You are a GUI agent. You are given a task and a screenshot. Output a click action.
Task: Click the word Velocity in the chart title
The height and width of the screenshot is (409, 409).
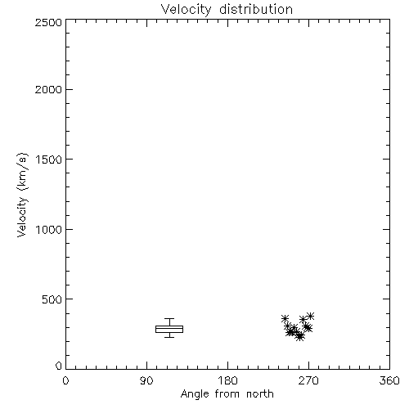click(186, 10)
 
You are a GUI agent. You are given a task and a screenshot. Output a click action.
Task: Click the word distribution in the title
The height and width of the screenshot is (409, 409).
click(256, 9)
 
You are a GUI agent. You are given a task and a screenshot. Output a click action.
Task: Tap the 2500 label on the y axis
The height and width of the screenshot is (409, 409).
click(48, 22)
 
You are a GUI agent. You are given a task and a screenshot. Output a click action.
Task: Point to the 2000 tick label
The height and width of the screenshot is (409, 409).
click(48, 89)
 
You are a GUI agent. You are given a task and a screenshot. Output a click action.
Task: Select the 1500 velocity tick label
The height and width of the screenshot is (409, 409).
click(49, 160)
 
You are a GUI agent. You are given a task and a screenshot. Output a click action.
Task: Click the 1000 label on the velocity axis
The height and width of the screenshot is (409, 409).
click(49, 229)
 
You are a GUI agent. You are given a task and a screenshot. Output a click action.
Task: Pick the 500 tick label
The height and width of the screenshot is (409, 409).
click(52, 299)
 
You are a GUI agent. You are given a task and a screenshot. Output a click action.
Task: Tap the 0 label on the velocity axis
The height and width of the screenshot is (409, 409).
click(59, 366)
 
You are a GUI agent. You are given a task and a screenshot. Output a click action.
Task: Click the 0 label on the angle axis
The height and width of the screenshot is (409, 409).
click(65, 380)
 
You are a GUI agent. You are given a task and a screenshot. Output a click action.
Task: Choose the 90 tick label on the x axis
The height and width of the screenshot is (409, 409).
click(146, 380)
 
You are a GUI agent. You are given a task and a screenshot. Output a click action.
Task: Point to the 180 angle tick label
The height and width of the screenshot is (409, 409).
click(227, 380)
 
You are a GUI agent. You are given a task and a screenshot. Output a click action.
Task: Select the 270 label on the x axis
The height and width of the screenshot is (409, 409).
click(308, 380)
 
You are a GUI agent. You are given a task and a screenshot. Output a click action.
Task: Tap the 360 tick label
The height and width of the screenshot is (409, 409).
click(389, 380)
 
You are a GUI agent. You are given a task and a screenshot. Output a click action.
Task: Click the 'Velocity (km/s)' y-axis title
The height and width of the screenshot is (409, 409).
click(22, 195)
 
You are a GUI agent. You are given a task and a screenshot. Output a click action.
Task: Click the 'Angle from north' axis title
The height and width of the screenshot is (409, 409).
click(227, 394)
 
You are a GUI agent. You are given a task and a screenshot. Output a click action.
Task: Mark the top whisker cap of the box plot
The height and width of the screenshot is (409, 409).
click(169, 318)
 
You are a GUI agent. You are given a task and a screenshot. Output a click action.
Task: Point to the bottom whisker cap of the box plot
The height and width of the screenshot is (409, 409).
click(169, 337)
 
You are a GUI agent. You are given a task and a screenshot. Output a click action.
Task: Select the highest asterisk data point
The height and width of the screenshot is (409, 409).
click(310, 317)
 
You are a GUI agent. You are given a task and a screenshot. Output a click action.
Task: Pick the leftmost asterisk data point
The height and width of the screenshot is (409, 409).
click(285, 318)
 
